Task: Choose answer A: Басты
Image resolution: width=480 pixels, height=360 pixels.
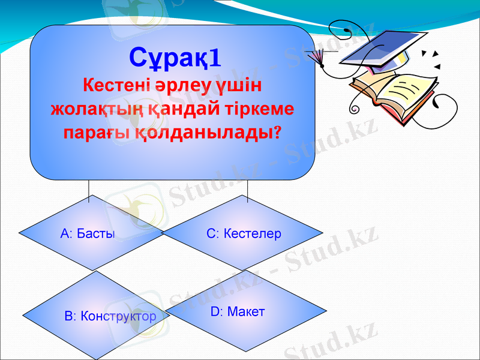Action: click(x=88, y=233)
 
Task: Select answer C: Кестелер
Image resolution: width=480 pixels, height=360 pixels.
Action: click(x=244, y=233)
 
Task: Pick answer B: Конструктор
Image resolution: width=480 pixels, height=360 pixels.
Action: click(x=110, y=316)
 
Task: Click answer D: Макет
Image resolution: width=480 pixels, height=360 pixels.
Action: click(x=238, y=312)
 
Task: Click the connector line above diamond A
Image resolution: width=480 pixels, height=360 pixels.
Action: click(x=90, y=188)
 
